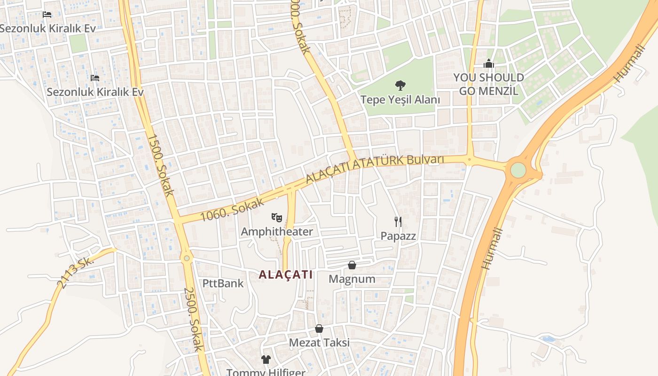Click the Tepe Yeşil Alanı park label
click(400, 100)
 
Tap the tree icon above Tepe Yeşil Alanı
click(400, 86)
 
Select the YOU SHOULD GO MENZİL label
click(488, 84)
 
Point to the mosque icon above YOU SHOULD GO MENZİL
click(489, 63)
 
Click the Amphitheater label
click(277, 232)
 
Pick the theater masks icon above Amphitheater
click(277, 217)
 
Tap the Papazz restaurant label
click(398, 236)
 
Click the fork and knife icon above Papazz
click(398, 222)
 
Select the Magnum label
click(352, 279)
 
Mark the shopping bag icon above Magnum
click(352, 265)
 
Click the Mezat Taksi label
click(319, 343)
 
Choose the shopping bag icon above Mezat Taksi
click(319, 329)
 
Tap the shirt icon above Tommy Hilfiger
click(266, 360)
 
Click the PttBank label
click(223, 283)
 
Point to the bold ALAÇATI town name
click(286, 275)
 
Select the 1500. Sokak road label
click(161, 165)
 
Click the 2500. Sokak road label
click(193, 319)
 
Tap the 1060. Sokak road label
click(227, 210)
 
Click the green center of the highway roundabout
click(518, 170)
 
